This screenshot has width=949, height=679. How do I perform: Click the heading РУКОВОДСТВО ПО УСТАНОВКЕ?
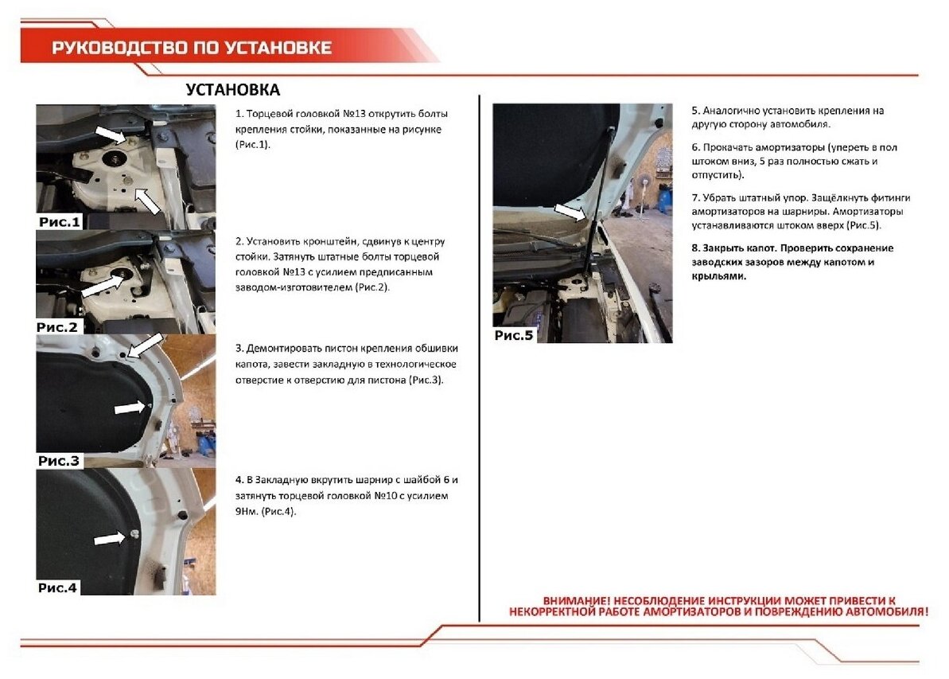tap(191, 48)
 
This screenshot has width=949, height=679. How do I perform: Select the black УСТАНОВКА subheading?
tap(233, 90)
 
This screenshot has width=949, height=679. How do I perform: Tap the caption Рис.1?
tap(60, 221)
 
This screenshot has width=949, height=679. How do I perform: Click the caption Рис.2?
tap(57, 327)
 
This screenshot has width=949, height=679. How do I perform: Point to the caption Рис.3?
tap(59, 461)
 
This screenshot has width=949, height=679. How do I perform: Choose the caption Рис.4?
tap(57, 587)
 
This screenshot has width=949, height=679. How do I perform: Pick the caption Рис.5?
tap(514, 336)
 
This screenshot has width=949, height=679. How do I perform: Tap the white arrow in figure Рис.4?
tap(110, 538)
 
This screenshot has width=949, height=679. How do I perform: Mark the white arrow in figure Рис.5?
tap(570, 212)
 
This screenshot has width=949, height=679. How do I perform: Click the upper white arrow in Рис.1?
tap(110, 134)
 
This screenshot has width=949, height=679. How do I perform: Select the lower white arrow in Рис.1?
tap(147, 201)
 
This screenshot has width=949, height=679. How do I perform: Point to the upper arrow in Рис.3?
tap(145, 345)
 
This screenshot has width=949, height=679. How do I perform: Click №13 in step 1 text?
tap(353, 114)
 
